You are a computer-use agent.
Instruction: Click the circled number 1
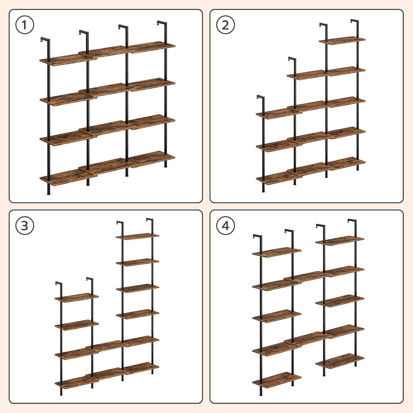(25, 25)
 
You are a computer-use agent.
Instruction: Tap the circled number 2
(225, 25)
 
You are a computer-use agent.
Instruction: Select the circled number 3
(25, 226)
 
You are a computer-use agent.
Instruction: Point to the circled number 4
(225, 226)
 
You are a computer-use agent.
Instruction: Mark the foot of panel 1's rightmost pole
(165, 166)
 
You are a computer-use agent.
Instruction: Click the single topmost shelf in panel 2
(342, 40)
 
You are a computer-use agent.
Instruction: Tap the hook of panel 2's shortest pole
(260, 97)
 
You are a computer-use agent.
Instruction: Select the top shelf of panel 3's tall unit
(137, 236)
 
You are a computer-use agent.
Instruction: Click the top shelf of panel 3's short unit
(77, 298)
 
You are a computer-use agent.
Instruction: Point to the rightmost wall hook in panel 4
(352, 221)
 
